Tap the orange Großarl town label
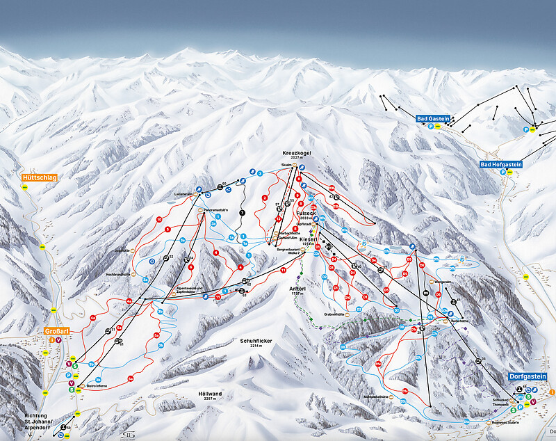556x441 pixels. [56, 331]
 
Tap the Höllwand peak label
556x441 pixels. [210, 394]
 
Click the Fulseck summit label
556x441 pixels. [306, 213]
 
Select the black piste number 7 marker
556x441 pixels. [242, 211]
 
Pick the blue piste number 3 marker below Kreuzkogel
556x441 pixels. [260, 173]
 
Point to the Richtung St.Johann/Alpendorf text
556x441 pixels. [31, 419]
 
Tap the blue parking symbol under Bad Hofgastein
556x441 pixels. [503, 173]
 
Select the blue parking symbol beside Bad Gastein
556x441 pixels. [430, 127]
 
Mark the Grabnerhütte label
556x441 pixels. [334, 314]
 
